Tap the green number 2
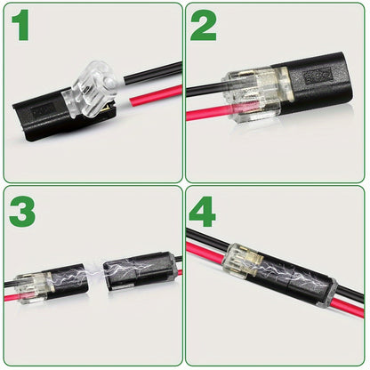(204, 27)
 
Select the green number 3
(23, 213)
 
